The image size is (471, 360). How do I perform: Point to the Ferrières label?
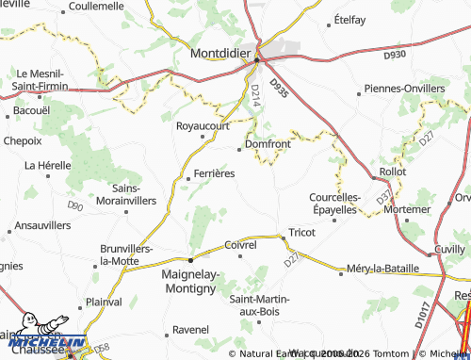point(213,173)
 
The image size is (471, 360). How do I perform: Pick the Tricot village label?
point(300,232)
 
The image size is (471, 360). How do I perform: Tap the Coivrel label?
point(241,245)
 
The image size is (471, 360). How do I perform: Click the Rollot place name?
point(391,173)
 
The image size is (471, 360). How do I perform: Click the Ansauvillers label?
point(43,226)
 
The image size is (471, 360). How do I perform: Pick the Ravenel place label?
point(191,331)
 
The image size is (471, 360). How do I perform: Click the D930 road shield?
point(395,56)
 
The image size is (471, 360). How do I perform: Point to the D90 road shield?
point(75,205)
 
